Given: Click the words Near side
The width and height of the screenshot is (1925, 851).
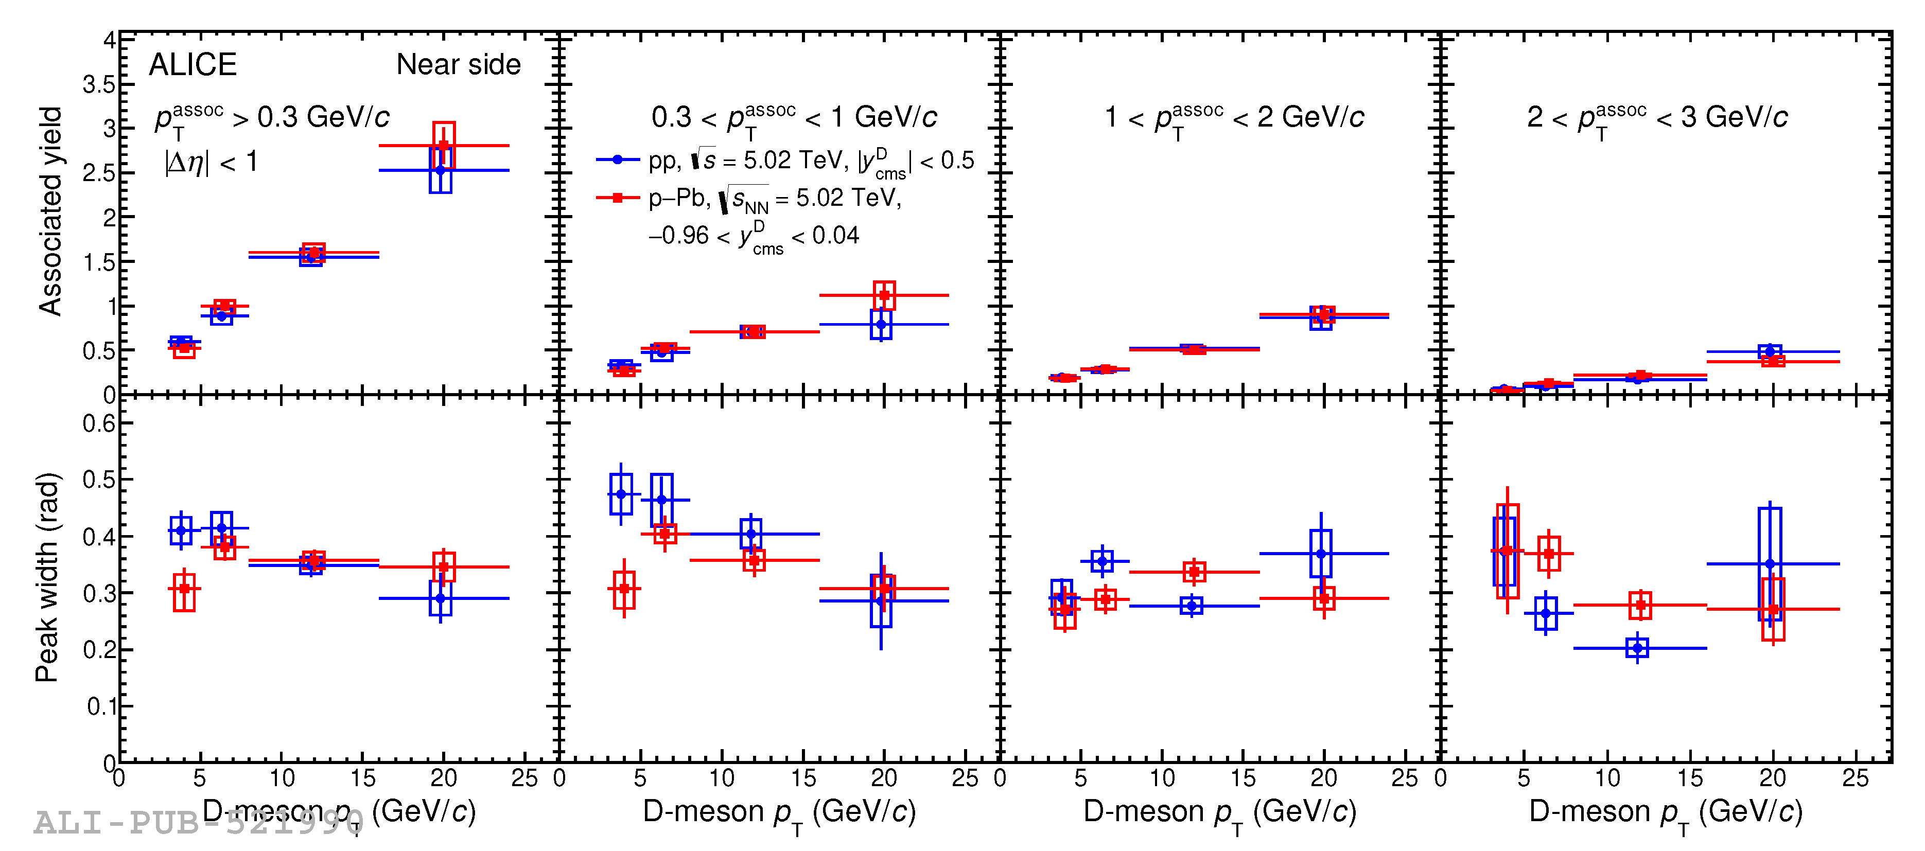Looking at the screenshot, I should [458, 65].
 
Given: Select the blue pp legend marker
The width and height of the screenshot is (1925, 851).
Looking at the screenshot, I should [617, 159].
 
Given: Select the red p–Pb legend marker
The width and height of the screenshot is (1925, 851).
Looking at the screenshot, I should [617, 197].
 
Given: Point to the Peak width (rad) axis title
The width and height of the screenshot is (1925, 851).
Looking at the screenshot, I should [46, 577].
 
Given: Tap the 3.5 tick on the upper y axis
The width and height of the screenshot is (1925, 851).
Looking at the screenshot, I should [99, 84].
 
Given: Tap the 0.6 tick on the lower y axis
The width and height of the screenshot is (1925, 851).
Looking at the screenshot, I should [99, 423].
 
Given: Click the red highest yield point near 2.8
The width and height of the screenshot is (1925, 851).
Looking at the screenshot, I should [443, 145].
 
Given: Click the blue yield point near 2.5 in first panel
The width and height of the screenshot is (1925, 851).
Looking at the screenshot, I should [440, 170].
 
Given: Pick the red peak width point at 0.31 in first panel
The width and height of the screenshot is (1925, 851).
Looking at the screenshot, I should [184, 589].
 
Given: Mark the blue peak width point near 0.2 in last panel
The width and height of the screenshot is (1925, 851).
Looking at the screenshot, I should [1637, 648].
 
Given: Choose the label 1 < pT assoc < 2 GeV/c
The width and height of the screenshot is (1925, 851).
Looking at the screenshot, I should [1234, 117].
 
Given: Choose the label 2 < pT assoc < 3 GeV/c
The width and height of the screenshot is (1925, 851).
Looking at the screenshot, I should [1657, 117].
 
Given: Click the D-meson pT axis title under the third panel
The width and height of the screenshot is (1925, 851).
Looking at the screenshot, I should [1219, 812].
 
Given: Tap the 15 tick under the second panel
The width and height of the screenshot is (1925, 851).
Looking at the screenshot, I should [802, 778].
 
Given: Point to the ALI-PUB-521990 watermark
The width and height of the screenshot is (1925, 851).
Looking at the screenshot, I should [198, 823].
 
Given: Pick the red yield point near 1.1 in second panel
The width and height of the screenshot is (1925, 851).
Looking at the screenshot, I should [884, 295].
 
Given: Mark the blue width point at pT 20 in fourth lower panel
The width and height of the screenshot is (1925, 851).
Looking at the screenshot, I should [1769, 563].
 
